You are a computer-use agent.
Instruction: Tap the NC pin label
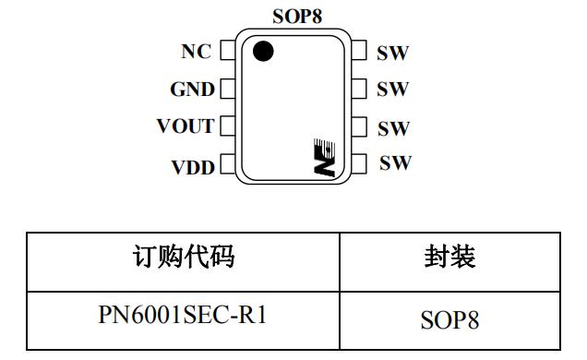[x=197, y=52]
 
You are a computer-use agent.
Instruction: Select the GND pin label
[x=192, y=90]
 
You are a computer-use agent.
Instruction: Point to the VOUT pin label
[x=186, y=126]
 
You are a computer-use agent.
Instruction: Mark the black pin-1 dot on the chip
[x=263, y=52]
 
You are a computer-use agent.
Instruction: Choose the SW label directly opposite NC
[x=393, y=52]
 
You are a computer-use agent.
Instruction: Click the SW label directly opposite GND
[x=393, y=90]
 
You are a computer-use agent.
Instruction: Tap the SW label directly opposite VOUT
[x=393, y=126]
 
